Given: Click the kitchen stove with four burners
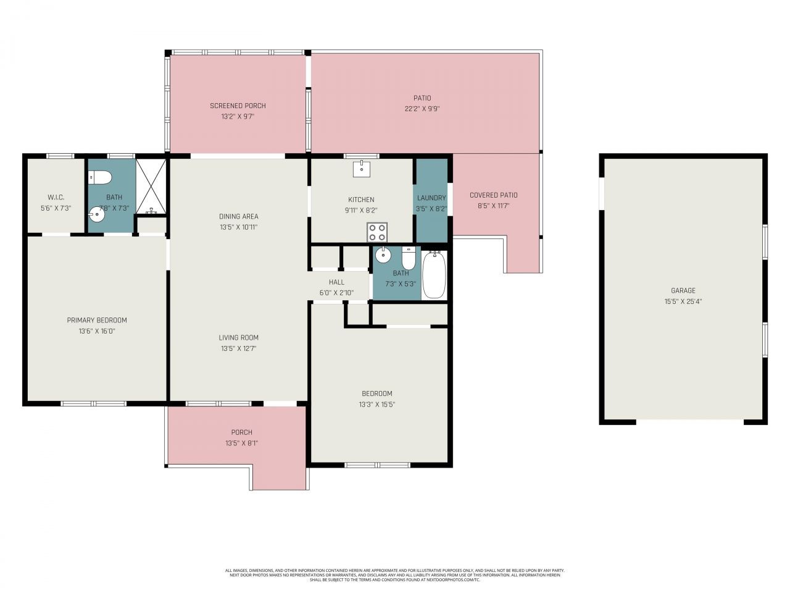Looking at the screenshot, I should [377, 232].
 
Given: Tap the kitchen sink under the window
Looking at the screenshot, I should [361, 169].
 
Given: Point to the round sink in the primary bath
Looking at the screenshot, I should [97, 214].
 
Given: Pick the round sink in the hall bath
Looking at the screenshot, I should [384, 254].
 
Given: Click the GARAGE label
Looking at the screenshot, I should [683, 290].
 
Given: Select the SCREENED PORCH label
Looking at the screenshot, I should [238, 106].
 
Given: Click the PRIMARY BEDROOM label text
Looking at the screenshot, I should [97, 320].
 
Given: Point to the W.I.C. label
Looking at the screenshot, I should [56, 198].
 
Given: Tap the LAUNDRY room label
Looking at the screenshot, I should [431, 198].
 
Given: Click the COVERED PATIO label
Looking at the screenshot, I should [493, 195].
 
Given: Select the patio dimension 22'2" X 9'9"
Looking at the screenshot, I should [422, 109].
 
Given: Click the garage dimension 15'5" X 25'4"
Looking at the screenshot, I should [683, 301].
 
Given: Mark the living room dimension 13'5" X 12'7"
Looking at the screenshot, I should [238, 348].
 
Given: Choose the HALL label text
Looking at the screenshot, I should [336, 282].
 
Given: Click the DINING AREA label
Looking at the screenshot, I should [238, 216].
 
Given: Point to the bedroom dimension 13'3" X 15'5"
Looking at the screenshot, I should [376, 405].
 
